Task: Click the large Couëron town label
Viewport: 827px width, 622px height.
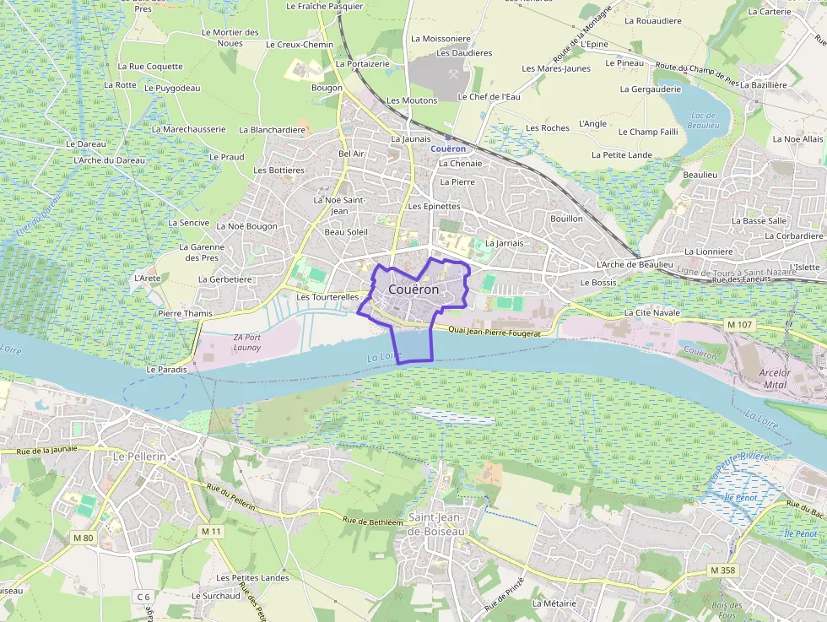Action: tap(413, 289)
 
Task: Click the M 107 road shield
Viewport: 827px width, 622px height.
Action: tap(738, 324)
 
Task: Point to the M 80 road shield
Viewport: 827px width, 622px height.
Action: tap(83, 538)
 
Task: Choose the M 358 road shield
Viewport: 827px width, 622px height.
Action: tap(722, 571)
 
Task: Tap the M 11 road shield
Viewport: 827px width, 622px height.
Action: tap(211, 532)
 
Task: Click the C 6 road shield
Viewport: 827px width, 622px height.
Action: tap(143, 597)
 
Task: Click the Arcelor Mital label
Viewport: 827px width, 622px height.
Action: tap(775, 378)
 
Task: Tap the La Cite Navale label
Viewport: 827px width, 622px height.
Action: tap(651, 312)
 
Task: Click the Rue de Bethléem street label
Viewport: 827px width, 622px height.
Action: tap(372, 521)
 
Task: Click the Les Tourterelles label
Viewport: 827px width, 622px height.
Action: tap(327, 297)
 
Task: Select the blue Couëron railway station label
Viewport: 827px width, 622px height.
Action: tap(447, 149)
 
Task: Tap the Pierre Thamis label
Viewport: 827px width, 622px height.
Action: tap(185, 313)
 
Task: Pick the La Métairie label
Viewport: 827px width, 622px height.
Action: tap(554, 603)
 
